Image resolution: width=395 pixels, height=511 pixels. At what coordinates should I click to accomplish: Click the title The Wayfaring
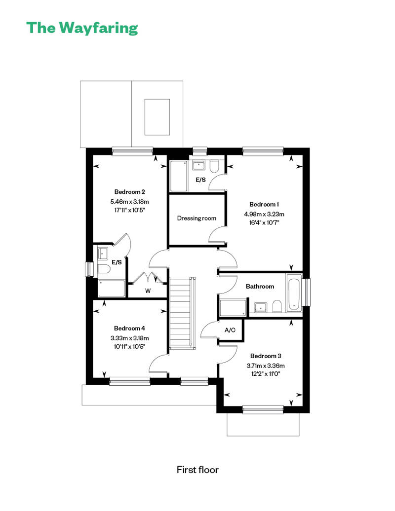coord(82,28)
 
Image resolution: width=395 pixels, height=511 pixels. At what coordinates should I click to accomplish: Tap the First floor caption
coord(197,470)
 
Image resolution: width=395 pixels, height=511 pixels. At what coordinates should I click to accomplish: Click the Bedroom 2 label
coord(129,192)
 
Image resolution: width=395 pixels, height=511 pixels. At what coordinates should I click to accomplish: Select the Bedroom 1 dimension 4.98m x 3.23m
coord(264,214)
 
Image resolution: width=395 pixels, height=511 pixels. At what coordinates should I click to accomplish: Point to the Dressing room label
coord(197,219)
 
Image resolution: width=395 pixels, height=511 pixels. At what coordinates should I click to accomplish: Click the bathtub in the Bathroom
coord(294,293)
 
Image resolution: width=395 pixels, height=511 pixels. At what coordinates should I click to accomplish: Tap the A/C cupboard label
coord(230,330)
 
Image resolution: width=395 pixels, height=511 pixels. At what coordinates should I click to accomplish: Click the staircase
coord(182,313)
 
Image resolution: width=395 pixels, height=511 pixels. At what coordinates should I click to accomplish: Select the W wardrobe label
coord(148,291)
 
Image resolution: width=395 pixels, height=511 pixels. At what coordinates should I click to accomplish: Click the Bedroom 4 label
coord(129,328)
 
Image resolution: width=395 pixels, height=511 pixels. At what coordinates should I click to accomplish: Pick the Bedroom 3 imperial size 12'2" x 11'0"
coord(266,374)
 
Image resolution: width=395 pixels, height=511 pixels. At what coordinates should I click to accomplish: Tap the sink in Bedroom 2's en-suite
coord(103,253)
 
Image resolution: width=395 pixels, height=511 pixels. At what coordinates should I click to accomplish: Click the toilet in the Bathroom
coord(277,306)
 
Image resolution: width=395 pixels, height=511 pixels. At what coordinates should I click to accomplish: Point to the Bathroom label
coord(260,287)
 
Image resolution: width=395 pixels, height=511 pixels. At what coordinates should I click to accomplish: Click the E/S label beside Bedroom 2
coord(117,262)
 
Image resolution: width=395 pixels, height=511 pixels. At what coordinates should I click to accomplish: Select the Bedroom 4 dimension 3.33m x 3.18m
coord(129,338)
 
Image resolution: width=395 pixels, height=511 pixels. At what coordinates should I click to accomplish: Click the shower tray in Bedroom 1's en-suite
coord(179,176)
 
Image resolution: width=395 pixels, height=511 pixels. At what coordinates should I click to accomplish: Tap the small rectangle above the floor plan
coord(157,117)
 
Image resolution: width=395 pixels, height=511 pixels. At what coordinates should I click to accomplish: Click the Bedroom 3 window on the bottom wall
coord(263,410)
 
